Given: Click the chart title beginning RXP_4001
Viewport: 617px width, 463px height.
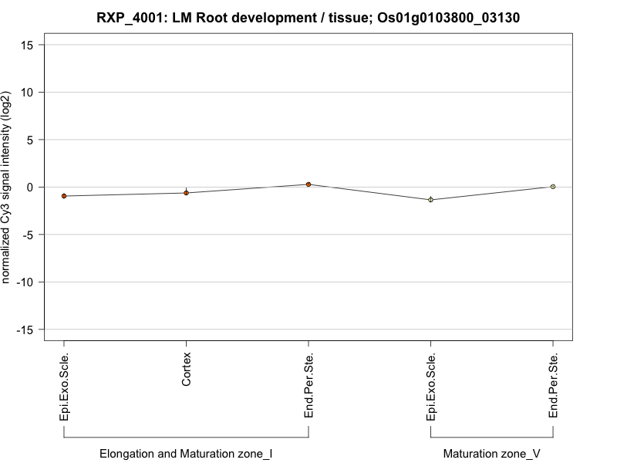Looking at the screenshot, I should point(308,17).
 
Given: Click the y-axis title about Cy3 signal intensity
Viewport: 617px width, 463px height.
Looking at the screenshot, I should point(8,187).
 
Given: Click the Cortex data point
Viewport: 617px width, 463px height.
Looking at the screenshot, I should point(186,193).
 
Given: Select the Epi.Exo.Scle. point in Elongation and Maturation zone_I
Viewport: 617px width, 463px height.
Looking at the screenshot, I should point(64,196).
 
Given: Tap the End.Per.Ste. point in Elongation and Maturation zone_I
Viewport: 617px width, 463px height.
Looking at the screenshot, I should point(308,184).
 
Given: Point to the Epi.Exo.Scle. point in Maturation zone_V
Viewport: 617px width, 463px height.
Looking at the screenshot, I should point(431,200).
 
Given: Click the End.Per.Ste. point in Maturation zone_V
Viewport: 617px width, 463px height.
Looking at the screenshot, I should point(553,187).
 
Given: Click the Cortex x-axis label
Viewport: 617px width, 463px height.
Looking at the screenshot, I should point(187,370).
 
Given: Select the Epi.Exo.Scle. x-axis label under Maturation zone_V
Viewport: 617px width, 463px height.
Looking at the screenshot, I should point(431,387).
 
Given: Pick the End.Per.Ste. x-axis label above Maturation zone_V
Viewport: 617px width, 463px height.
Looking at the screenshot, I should point(553,387).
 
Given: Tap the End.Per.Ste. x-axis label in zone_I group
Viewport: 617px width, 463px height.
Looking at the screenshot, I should point(308,387).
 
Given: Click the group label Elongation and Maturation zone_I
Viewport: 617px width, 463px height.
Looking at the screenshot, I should point(186,454).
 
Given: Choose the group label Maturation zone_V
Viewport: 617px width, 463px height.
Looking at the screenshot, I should point(492,454).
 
